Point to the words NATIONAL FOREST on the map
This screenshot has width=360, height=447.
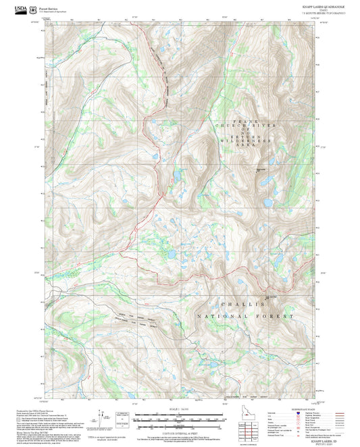click(247, 317)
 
